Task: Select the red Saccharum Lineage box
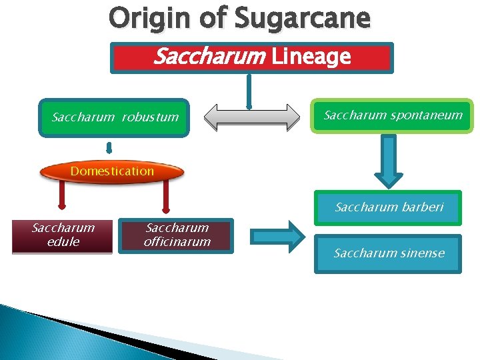(x=252, y=57)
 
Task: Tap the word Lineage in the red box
(x=311, y=57)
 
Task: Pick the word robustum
(x=150, y=117)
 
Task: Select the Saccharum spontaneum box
(x=393, y=115)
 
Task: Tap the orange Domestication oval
(x=112, y=171)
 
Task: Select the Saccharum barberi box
(x=389, y=207)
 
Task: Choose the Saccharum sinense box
(x=389, y=253)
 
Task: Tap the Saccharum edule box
(x=63, y=235)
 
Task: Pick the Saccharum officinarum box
(x=177, y=235)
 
